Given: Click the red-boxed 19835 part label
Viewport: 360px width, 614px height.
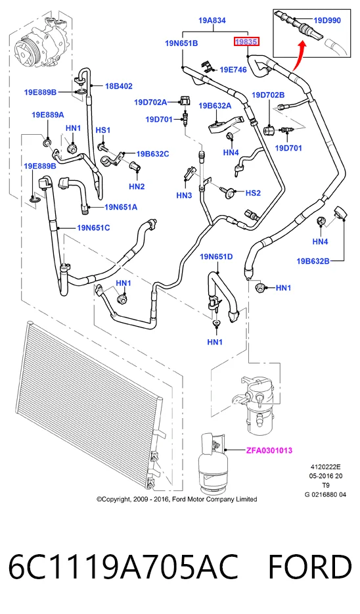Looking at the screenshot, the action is [246, 41].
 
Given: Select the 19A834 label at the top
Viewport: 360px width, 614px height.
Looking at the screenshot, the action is [212, 20].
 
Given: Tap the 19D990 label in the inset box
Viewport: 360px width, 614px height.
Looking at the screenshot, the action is [327, 20].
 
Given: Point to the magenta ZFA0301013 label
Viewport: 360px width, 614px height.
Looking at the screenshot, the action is [269, 450].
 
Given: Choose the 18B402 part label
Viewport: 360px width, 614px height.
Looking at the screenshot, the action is [118, 86].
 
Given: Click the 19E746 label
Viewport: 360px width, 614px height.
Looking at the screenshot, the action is [233, 70].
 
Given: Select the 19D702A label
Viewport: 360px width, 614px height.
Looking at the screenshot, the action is [150, 102].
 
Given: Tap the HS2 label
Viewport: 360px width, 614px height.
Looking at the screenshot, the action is [253, 193].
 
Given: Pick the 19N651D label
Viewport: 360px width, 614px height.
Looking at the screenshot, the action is [216, 256].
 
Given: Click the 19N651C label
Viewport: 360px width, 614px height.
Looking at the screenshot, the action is [93, 227].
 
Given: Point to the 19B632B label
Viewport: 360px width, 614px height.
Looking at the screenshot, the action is [313, 261].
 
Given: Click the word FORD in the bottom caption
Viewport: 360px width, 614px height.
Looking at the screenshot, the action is [310, 567].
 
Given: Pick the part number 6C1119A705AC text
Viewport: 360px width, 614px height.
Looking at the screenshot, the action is [124, 567].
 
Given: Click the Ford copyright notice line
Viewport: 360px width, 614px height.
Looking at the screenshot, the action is [177, 499].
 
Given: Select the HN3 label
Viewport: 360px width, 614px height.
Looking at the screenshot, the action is [184, 195].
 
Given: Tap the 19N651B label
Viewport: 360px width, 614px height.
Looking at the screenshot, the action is [181, 43].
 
